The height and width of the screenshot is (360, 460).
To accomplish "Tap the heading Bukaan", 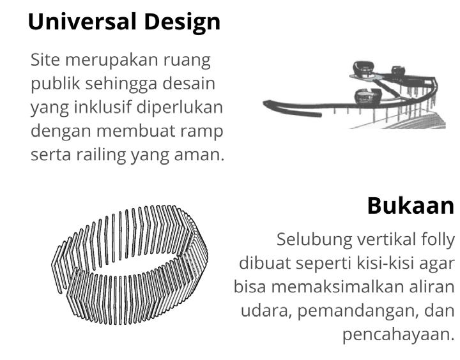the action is click(411, 206).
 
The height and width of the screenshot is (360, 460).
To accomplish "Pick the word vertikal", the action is click(379, 240).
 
